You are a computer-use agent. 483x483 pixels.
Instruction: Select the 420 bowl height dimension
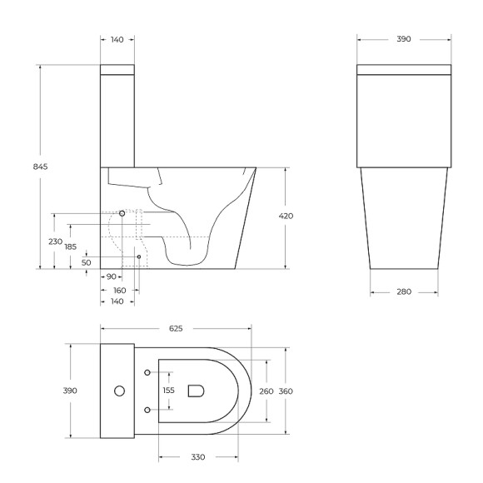click(x=286, y=217)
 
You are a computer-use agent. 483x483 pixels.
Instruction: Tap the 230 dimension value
click(x=56, y=242)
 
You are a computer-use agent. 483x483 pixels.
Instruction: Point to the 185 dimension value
click(x=71, y=247)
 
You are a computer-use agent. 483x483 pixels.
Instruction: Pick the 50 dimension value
click(x=87, y=262)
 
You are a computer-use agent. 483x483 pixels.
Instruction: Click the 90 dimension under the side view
click(x=110, y=276)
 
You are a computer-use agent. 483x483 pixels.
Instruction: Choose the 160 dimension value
click(x=119, y=290)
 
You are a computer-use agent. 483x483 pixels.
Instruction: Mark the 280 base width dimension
click(x=404, y=292)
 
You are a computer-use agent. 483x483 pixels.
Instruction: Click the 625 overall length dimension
click(x=176, y=329)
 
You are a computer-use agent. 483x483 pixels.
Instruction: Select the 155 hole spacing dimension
click(x=169, y=390)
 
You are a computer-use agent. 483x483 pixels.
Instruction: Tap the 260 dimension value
click(x=266, y=391)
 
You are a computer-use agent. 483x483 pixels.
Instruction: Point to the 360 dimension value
click(x=286, y=391)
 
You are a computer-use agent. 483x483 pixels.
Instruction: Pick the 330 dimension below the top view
click(x=197, y=457)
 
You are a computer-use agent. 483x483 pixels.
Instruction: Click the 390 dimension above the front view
click(x=404, y=39)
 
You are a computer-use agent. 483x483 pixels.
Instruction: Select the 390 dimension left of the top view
click(x=71, y=391)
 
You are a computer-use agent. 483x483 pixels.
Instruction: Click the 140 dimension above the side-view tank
click(x=117, y=39)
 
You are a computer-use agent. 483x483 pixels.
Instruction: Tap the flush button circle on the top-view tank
click(x=119, y=391)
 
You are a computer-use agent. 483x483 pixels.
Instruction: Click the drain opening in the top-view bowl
click(x=197, y=390)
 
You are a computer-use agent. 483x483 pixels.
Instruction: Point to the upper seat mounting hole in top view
click(x=147, y=371)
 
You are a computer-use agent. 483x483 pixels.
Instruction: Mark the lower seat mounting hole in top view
click(x=147, y=410)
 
